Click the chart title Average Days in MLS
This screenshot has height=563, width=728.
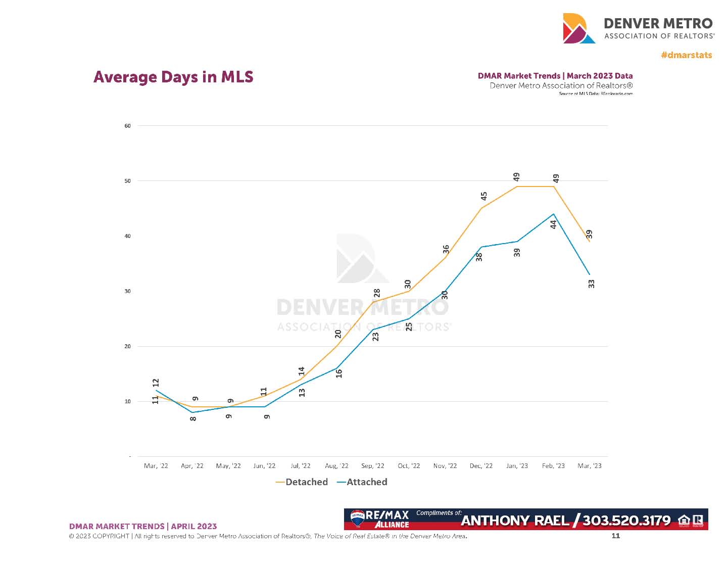pyautogui.click(x=173, y=77)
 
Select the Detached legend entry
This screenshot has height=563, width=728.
pyautogui.click(x=302, y=482)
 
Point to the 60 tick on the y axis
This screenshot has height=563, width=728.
pyautogui.click(x=128, y=126)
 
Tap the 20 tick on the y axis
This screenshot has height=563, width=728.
pyautogui.click(x=128, y=347)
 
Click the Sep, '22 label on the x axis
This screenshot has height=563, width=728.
pyautogui.click(x=373, y=466)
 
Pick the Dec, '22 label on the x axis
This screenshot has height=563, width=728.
pyautogui.click(x=481, y=466)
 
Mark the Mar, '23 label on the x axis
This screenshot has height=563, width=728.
pyautogui.click(x=590, y=466)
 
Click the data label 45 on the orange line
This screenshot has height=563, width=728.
pyautogui.click(x=484, y=196)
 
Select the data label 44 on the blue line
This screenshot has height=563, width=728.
pyautogui.click(x=554, y=224)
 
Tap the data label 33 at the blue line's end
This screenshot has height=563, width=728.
pyautogui.click(x=592, y=284)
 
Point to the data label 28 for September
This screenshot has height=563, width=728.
pyautogui.click(x=377, y=293)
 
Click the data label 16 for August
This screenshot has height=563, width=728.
pyautogui.click(x=339, y=373)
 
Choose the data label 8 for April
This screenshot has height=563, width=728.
pyautogui.click(x=193, y=418)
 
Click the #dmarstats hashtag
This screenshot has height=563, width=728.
pyautogui.click(x=686, y=55)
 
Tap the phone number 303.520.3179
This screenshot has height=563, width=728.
pyautogui.click(x=626, y=521)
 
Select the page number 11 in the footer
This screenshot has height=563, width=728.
pyautogui.click(x=615, y=536)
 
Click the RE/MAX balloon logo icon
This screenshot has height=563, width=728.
pyautogui.click(x=358, y=518)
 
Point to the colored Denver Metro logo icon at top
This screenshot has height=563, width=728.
pyautogui.click(x=579, y=28)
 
